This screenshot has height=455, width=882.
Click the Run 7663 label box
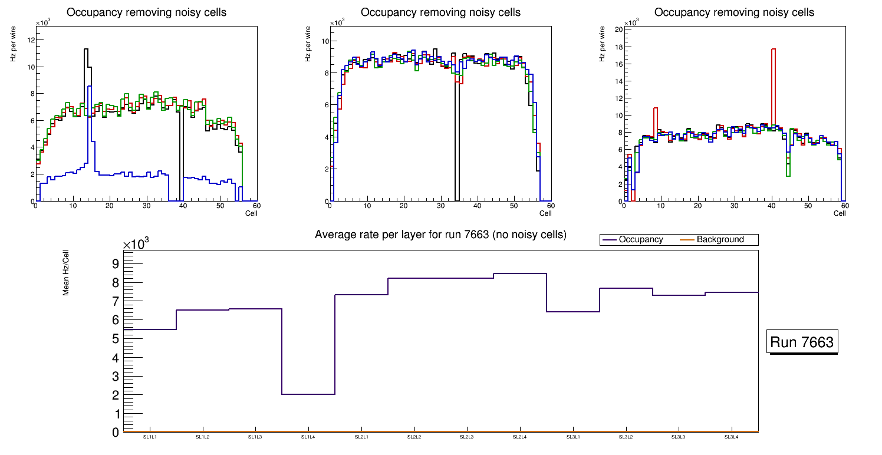802,342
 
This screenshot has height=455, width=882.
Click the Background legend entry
720,240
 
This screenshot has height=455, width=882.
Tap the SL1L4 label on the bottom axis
308,437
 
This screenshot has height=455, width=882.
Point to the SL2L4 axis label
519,437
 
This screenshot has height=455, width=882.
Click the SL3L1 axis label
572,437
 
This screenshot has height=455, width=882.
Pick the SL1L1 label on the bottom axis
150,437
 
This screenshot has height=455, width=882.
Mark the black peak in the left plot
86,50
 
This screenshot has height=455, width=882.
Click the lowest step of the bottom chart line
308,394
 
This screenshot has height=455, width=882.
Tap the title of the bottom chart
440,235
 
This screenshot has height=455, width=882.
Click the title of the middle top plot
440,12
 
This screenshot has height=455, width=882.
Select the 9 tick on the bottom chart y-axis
116,263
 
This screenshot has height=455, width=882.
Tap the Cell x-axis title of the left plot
251,213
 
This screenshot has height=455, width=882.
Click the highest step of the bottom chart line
519,273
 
